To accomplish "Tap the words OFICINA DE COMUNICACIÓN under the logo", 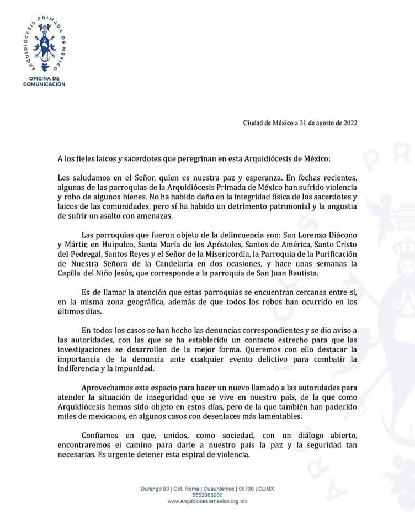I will [x=44, y=82].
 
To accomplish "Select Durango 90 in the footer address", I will [x=156, y=489].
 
